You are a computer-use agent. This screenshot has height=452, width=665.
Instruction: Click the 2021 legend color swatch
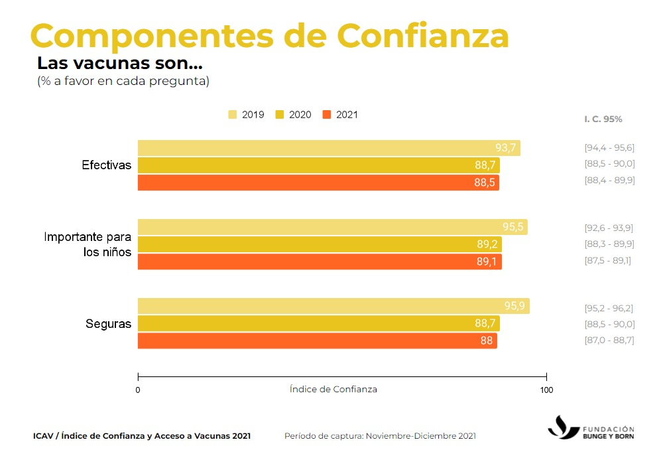click(326, 115)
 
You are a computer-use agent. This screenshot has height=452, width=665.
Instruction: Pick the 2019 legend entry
click(246, 115)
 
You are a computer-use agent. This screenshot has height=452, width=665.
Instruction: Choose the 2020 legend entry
click(294, 115)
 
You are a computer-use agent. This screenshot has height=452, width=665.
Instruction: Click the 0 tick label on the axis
click(138, 390)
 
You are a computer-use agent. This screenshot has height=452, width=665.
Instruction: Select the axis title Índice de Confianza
click(333, 389)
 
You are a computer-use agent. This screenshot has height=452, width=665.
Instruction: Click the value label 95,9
click(514, 307)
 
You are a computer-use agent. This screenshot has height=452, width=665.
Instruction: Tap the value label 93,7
click(506, 148)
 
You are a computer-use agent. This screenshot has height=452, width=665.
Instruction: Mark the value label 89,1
click(487, 262)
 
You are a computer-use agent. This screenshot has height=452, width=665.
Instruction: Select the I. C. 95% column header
click(603, 119)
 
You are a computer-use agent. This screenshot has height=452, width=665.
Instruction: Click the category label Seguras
click(108, 324)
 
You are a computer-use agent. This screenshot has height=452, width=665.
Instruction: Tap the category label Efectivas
click(107, 165)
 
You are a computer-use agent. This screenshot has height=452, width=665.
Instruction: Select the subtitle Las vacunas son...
click(119, 64)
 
